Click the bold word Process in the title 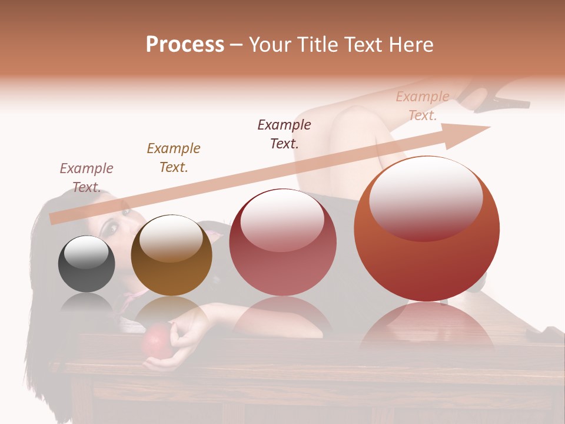(185, 45)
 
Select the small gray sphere (87, 264)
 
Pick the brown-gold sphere (171, 255)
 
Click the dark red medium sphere (282, 242)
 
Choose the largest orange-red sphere (427, 228)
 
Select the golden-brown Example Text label (174, 158)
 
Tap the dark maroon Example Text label (284, 134)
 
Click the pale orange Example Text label (423, 106)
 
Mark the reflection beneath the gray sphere (87, 303)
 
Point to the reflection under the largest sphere (427, 327)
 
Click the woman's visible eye (112, 227)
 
